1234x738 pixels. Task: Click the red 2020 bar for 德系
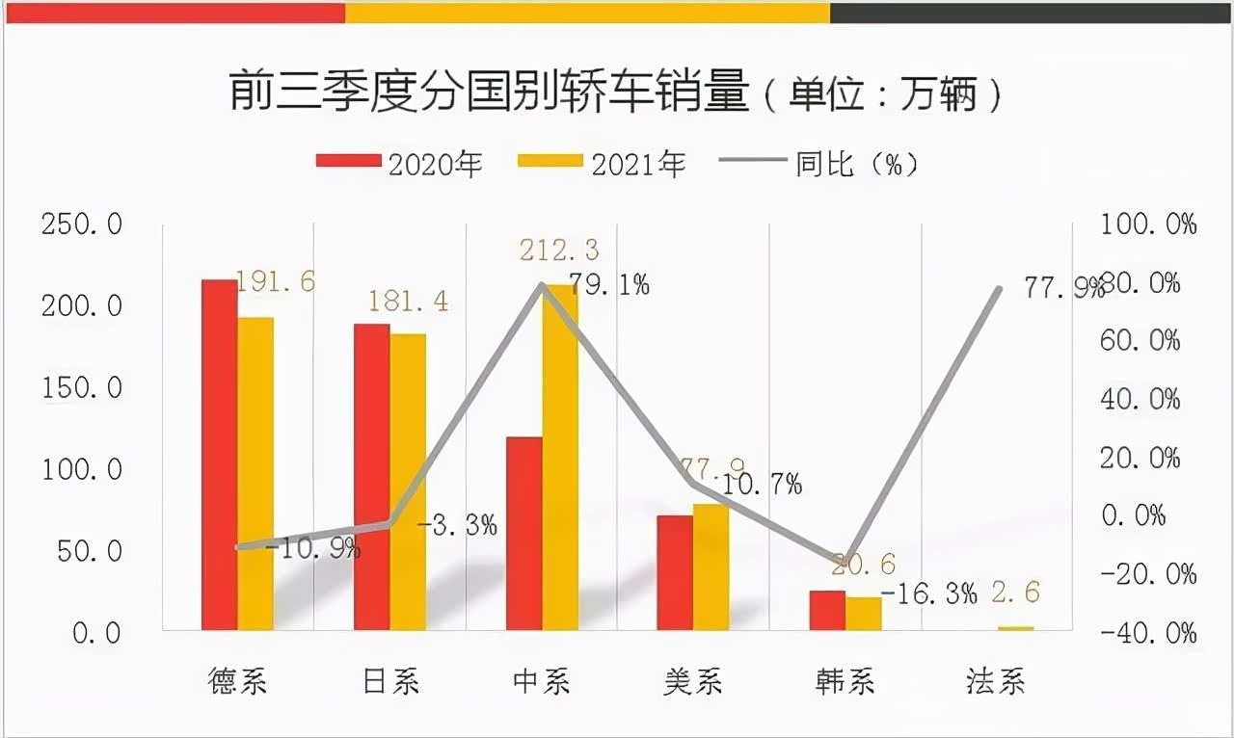click(219, 455)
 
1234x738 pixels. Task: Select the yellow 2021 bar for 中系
click(560, 458)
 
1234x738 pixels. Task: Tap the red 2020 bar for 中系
click(523, 534)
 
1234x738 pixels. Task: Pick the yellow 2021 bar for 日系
click(408, 482)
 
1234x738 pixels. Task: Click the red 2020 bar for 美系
click(675, 573)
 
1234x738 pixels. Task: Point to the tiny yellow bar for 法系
click(1015, 628)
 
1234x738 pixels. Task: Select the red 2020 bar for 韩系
click(827, 611)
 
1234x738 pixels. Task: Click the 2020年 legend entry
click(399, 164)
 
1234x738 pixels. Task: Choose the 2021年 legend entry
click(602, 164)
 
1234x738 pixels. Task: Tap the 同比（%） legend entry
click(819, 164)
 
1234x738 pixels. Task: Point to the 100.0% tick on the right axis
click(1148, 225)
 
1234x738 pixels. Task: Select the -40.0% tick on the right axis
click(1148, 633)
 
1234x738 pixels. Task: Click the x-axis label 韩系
click(845, 682)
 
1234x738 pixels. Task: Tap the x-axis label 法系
click(996, 682)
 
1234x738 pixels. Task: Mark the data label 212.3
click(559, 250)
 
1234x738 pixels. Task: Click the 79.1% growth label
click(608, 284)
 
